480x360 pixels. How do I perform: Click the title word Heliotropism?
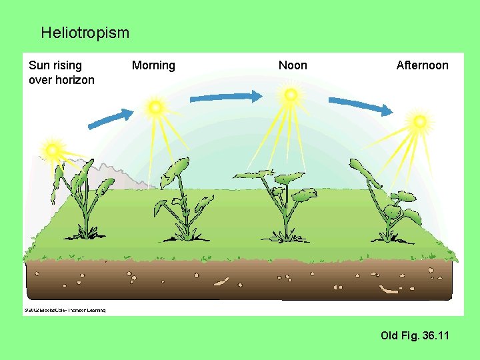85,32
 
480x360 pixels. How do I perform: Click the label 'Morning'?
153,65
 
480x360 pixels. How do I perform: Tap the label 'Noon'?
293,65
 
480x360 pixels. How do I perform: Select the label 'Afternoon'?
422,65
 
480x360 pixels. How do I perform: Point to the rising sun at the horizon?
51,148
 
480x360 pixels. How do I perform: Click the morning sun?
155,107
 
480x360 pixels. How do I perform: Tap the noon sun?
290,95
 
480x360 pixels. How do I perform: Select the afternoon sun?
419,121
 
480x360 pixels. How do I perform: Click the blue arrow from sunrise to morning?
111,119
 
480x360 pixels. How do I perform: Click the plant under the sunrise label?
83,200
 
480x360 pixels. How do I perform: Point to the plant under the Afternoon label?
387,203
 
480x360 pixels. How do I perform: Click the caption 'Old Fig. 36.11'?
415,335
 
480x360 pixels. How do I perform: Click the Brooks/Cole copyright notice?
65,310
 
